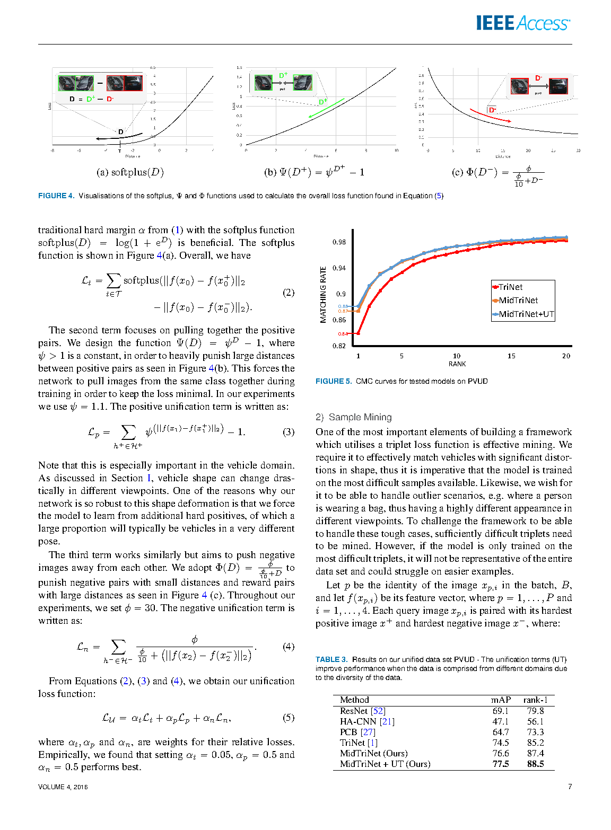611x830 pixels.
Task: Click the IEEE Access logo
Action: (x=522, y=23)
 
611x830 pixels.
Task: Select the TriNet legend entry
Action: (x=510, y=287)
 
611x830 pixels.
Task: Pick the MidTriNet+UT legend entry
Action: (x=526, y=314)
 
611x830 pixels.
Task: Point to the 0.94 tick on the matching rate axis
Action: (x=339, y=268)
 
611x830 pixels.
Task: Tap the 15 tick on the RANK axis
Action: (x=511, y=356)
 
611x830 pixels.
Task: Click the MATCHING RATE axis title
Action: (x=323, y=295)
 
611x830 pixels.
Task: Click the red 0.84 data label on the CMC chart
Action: (x=342, y=334)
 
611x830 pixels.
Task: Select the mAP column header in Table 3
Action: (x=500, y=700)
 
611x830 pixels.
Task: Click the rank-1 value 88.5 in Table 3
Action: (x=535, y=764)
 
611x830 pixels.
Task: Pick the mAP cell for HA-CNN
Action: (x=500, y=721)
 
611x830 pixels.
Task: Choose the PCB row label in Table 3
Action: (x=348, y=732)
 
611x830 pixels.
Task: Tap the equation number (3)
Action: (x=289, y=431)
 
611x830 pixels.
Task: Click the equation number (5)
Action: (x=289, y=717)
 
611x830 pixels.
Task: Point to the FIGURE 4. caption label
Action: (x=56, y=196)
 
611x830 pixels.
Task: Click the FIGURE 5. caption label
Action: (x=333, y=381)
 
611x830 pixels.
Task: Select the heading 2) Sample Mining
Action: (x=353, y=417)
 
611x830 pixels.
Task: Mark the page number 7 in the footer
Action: (x=570, y=787)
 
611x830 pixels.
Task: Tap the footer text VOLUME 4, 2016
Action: (x=63, y=787)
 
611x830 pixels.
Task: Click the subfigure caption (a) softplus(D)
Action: (x=130, y=172)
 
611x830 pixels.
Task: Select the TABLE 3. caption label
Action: (x=331, y=659)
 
